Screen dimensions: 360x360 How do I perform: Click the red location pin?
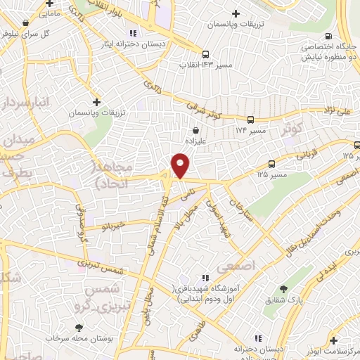click(x=181, y=165)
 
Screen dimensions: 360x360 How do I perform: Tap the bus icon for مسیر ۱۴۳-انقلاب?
click(x=205, y=54)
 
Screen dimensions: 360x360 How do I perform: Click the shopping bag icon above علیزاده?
click(x=196, y=130)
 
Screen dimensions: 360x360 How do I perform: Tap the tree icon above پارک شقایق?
click(x=283, y=289)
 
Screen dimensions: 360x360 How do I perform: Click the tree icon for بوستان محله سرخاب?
click(x=79, y=327)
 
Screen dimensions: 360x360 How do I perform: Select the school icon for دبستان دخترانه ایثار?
click(x=132, y=32)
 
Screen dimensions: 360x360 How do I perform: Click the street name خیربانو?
click(x=112, y=225)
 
